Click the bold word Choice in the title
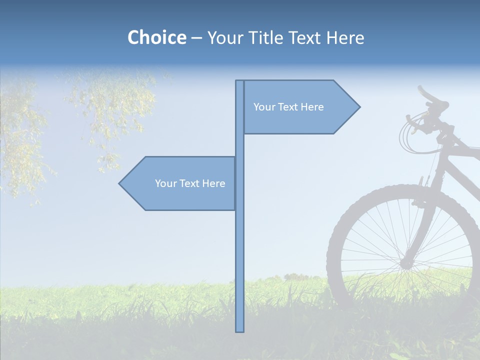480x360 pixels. (156, 37)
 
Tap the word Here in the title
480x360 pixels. (345, 37)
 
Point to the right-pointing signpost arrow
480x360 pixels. (300, 107)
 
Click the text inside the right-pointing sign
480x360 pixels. (288, 107)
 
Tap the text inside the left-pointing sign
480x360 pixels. (190, 183)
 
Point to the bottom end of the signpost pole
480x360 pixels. (239, 330)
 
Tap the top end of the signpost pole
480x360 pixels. (239, 81)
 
